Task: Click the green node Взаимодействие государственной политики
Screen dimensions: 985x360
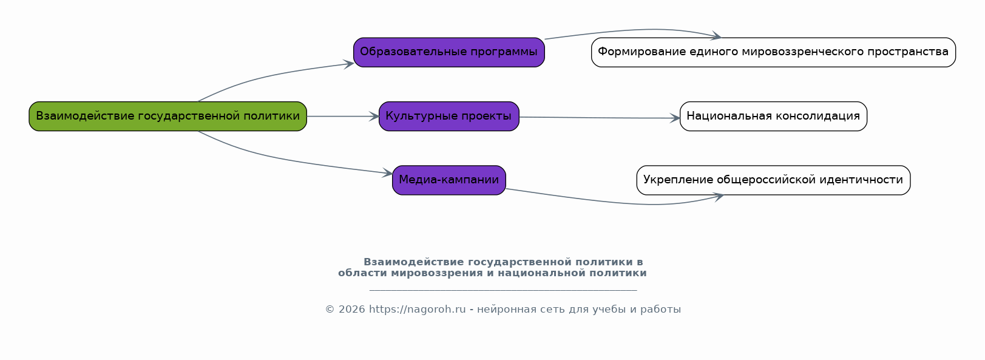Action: point(168,116)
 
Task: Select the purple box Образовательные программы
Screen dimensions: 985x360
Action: point(449,52)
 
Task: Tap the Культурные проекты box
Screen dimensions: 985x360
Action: point(449,116)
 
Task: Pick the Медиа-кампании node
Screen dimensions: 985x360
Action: point(449,180)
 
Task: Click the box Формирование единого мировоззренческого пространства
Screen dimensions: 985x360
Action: point(773,52)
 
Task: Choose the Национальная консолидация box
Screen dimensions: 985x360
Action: point(773,116)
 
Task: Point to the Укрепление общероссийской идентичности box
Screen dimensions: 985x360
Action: point(773,180)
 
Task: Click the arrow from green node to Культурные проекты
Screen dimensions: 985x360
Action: point(343,116)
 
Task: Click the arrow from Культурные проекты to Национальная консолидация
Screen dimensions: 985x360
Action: point(600,118)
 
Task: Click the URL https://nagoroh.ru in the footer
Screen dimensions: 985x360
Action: point(418,310)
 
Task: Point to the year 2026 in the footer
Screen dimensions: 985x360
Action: point(352,310)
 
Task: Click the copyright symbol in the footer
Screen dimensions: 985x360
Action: point(330,310)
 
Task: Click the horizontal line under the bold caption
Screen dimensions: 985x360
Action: point(503,290)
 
